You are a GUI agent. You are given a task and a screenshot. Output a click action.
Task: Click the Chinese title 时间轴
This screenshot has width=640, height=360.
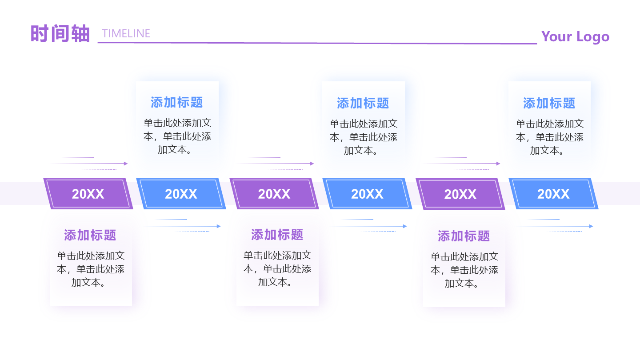[x=60, y=34]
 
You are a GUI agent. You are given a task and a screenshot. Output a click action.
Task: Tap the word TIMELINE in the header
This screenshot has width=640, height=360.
[x=126, y=34]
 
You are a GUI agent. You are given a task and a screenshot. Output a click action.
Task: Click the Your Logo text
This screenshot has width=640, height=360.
[x=575, y=36]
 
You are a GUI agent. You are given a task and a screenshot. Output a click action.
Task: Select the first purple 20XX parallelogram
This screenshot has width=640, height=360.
[x=88, y=194]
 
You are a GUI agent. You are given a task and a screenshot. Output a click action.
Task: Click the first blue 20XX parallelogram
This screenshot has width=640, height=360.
[x=181, y=194]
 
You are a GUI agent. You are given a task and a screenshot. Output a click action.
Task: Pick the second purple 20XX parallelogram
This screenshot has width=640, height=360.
[x=274, y=194]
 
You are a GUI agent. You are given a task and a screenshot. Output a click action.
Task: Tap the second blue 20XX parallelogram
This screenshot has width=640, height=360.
[x=367, y=194]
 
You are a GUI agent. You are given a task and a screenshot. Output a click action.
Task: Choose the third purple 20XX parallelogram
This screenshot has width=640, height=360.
[x=460, y=194]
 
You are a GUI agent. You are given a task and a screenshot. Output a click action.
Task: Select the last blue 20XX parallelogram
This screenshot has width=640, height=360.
[x=553, y=194]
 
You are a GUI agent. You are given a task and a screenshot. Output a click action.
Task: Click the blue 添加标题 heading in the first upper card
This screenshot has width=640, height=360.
[x=177, y=103]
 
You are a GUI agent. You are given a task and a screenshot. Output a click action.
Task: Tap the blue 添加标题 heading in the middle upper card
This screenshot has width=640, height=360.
[x=363, y=104]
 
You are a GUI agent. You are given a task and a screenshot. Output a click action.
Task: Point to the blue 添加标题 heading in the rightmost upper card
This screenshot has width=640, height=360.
[x=549, y=104]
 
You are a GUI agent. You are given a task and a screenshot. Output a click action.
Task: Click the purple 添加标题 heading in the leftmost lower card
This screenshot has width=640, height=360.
[x=90, y=235]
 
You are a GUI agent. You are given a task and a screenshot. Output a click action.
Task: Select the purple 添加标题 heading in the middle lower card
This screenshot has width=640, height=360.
[x=277, y=235]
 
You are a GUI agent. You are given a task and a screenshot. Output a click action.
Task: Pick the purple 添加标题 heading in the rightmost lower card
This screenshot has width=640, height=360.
[x=464, y=236]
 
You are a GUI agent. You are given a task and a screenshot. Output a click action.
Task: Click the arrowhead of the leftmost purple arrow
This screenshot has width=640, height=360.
[x=126, y=164]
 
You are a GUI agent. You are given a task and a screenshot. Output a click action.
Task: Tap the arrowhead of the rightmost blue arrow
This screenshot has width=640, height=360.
[x=591, y=226]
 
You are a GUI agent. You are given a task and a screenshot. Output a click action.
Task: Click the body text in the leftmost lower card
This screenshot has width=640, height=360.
[x=91, y=269]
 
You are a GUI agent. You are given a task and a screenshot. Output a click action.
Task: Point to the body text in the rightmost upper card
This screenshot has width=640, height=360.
[x=550, y=137]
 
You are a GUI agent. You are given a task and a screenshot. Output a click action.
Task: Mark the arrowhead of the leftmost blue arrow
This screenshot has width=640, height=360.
[x=219, y=226]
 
